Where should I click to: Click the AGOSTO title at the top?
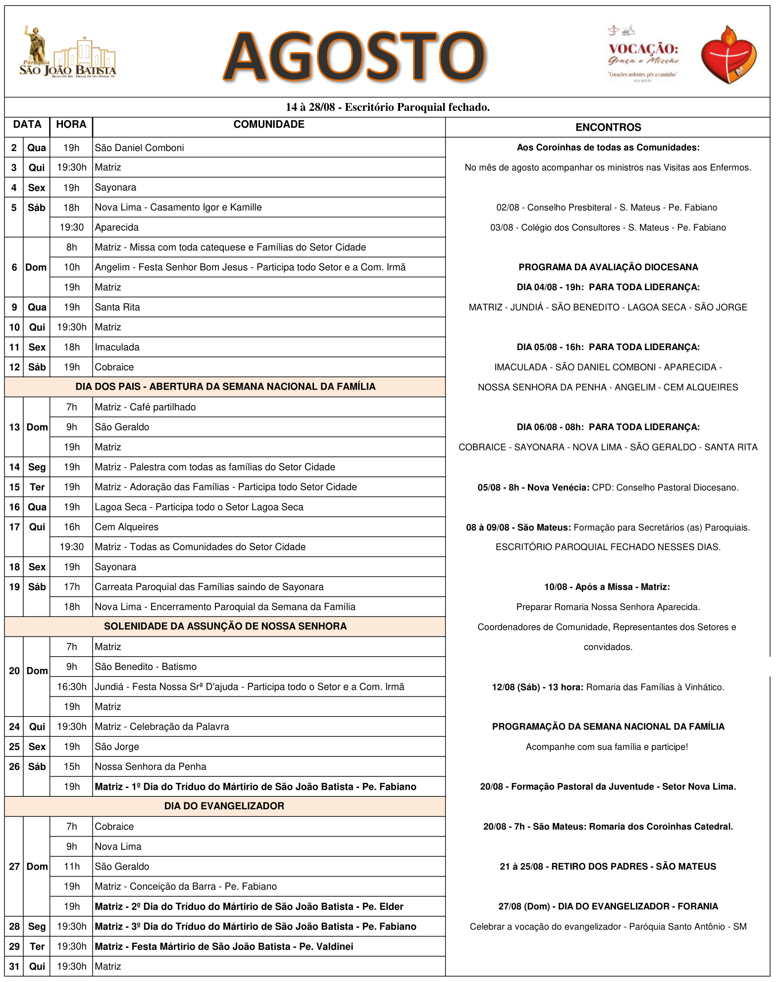(355, 56)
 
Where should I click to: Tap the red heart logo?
(728, 55)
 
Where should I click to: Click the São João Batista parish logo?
(68, 53)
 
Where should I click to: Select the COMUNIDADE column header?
(269, 124)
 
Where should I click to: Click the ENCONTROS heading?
(608, 127)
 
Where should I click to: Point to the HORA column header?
(71, 124)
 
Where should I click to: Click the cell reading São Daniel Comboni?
(139, 148)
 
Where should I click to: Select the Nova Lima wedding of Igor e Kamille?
(178, 207)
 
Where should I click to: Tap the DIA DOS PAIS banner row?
(225, 387)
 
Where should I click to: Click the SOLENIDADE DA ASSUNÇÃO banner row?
(225, 626)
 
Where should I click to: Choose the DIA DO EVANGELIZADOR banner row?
(224, 806)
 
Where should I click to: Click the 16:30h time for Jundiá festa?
(71, 687)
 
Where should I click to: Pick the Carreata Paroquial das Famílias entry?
(209, 587)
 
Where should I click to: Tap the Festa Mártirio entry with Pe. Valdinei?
(224, 946)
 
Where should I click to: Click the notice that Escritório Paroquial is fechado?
(387, 107)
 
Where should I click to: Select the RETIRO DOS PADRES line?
(608, 867)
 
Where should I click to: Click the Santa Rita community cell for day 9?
(117, 307)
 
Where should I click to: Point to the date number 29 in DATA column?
(14, 946)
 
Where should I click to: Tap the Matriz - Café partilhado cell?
(145, 407)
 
